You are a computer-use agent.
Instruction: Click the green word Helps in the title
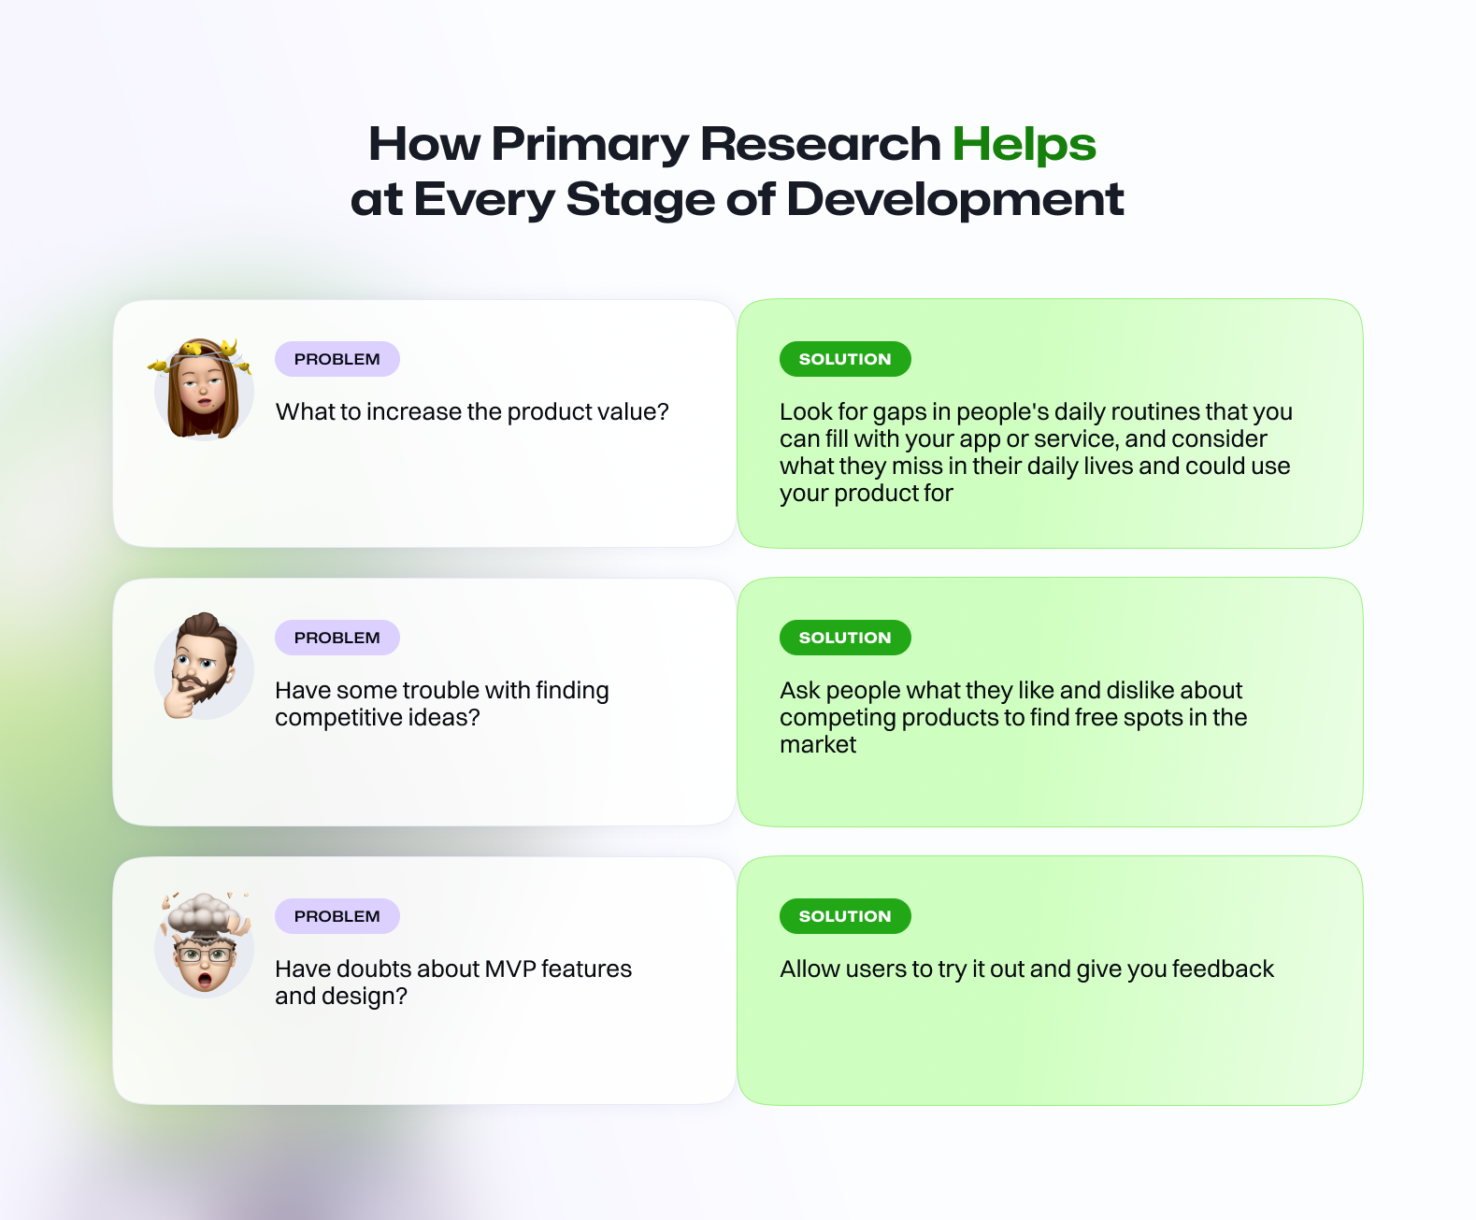[x=1025, y=145]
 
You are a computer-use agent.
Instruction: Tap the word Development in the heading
[x=955, y=200]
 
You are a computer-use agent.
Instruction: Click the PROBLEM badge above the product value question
[x=337, y=359]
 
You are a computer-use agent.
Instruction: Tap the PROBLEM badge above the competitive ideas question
[x=337, y=638]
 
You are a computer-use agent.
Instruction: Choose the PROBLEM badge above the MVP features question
[x=337, y=916]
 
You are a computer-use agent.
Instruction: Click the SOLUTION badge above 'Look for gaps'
[x=845, y=359]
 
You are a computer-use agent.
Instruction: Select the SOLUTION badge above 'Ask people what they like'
[x=845, y=638]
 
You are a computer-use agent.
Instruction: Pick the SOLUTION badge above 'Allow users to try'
[x=845, y=916]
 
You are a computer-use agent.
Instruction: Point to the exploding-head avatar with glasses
[x=204, y=944]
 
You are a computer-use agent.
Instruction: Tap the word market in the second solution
[x=818, y=745]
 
